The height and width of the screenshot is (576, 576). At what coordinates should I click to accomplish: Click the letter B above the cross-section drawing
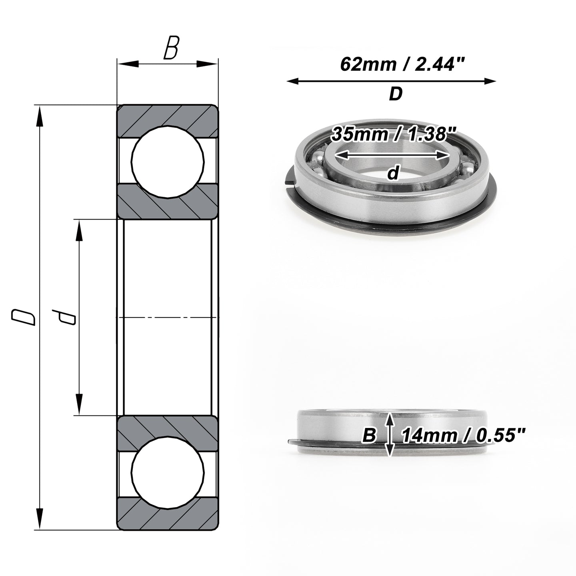pyautogui.click(x=171, y=48)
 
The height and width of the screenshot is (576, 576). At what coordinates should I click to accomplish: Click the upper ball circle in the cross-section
pyautogui.click(x=168, y=162)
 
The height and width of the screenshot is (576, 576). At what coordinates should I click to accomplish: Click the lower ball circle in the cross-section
pyautogui.click(x=168, y=472)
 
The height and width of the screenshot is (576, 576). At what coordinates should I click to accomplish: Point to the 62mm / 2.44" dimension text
pyautogui.click(x=403, y=64)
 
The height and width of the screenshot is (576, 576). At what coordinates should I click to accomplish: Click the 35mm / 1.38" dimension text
pyautogui.click(x=394, y=134)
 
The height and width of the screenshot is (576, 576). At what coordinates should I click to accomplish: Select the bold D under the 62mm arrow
pyautogui.click(x=396, y=94)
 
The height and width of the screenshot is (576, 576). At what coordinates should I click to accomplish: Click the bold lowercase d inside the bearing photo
pyautogui.click(x=393, y=173)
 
